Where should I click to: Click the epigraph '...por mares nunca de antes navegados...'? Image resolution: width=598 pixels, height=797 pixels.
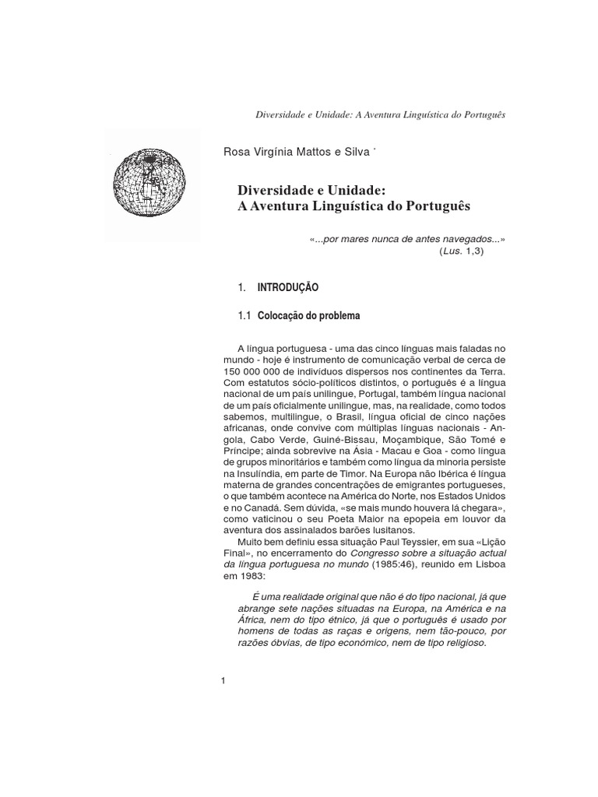tap(402, 241)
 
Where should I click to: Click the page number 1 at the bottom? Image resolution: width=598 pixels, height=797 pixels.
tap(223, 682)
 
